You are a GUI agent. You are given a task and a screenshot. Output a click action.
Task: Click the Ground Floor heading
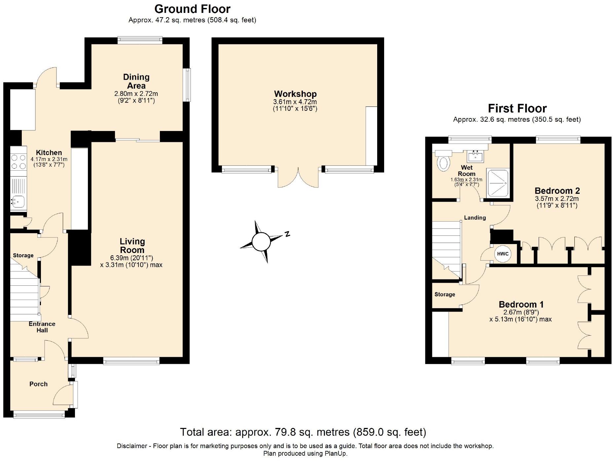click(x=192, y=9)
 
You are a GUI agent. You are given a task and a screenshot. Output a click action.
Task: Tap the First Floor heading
click(x=517, y=108)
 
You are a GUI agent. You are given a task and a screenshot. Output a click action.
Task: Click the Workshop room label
click(x=295, y=94)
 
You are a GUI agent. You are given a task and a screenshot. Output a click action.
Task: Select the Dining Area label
click(x=136, y=81)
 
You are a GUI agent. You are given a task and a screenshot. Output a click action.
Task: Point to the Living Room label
click(x=132, y=246)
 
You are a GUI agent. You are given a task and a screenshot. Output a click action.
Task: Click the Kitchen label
click(x=49, y=152)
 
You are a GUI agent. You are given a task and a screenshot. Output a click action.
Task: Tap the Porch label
click(x=38, y=384)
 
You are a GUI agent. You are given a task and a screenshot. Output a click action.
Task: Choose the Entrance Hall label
click(x=42, y=327)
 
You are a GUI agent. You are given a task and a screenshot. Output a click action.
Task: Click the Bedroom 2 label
click(x=557, y=190)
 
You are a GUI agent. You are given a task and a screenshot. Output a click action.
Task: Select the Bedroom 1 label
click(x=521, y=304)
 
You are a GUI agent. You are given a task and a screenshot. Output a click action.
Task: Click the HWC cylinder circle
click(x=503, y=254)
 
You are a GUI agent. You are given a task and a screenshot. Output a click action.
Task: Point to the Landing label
click(x=475, y=218)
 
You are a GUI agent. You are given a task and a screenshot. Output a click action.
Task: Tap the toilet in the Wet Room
click(x=443, y=160)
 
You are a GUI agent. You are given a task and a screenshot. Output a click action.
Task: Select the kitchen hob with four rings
click(x=18, y=162)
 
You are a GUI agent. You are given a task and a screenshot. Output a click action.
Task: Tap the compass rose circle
click(x=261, y=242)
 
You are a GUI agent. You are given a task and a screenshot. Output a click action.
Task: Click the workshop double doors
click(x=298, y=177)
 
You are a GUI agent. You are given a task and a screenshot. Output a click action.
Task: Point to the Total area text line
click(x=303, y=432)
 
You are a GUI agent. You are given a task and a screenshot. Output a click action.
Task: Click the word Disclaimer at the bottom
click(x=132, y=446)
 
